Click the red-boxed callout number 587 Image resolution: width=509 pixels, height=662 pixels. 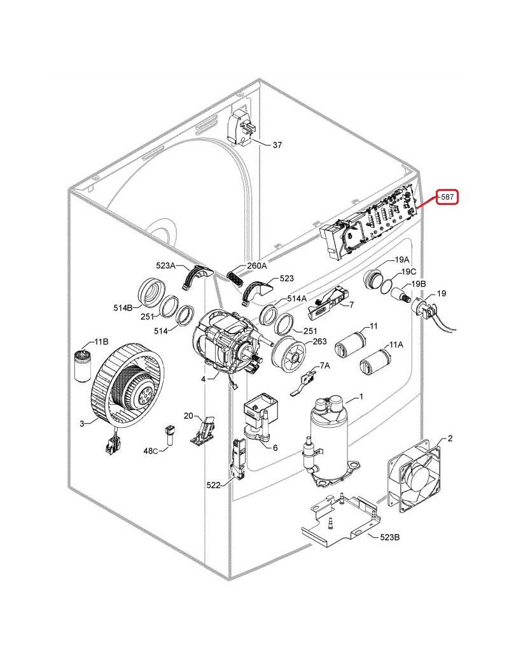[447, 197]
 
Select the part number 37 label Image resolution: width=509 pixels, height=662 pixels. [277, 145]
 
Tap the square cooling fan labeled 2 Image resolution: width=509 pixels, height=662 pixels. [414, 475]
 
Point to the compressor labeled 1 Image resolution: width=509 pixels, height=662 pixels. [330, 441]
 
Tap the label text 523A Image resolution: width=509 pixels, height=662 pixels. [165, 265]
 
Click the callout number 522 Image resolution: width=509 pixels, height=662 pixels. [214, 486]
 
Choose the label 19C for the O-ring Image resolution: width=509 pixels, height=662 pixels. [408, 271]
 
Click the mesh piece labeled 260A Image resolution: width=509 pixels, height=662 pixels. [236, 278]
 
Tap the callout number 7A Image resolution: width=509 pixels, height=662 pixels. [325, 365]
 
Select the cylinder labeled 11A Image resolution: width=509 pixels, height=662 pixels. [374, 361]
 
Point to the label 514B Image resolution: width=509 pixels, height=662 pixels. [123, 308]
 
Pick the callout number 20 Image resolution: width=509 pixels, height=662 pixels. [188, 416]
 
